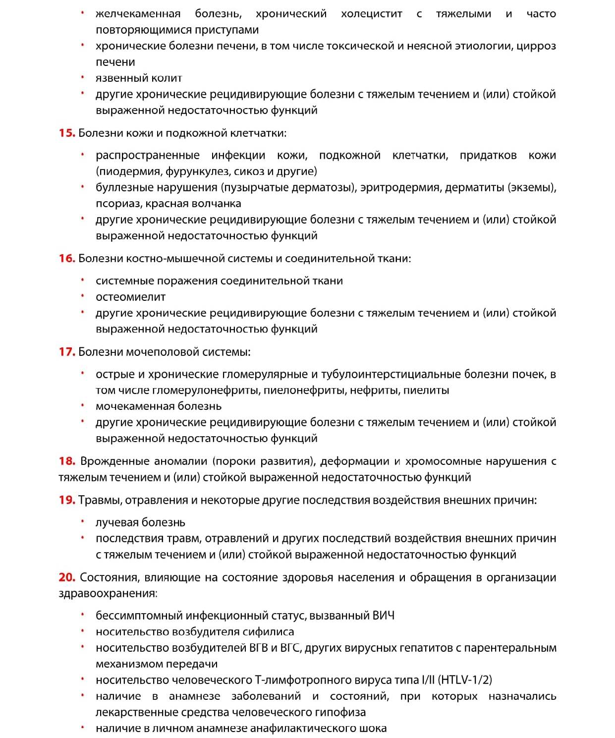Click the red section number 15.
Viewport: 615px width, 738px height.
tap(66, 133)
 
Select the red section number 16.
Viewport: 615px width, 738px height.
tap(66, 258)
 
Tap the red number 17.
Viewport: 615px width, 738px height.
tap(66, 352)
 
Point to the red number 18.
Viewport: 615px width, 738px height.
tap(66, 461)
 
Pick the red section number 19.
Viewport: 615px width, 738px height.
tap(66, 500)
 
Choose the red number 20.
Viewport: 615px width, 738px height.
tap(66, 577)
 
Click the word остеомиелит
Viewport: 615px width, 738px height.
tap(130, 297)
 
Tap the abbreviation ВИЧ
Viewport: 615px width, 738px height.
tap(383, 616)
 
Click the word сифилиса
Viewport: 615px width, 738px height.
tap(268, 632)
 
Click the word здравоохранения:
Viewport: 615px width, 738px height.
tap(108, 593)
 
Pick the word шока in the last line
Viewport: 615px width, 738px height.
tap(372, 729)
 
